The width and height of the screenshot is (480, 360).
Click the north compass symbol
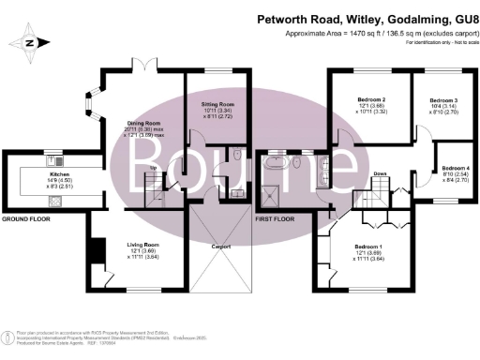point(29,43)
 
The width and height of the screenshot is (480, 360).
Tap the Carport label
point(221,246)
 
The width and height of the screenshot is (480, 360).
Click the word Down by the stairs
point(381,174)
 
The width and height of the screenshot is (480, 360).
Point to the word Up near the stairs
point(155,169)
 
